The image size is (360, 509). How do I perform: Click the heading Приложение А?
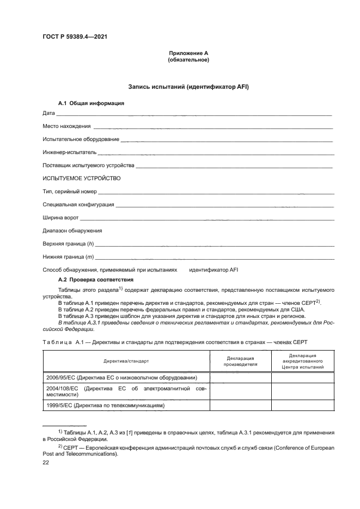tap(188, 53)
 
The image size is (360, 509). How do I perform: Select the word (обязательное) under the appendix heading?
tap(188, 60)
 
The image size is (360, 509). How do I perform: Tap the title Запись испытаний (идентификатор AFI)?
tap(188, 87)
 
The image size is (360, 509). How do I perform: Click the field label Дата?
tap(48, 113)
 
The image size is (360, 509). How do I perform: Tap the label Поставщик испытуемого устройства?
tap(88, 165)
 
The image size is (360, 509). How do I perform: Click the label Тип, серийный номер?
tap(69, 192)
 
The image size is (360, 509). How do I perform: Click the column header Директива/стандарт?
tap(126, 360)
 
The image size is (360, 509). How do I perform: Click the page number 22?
tap(46, 462)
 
